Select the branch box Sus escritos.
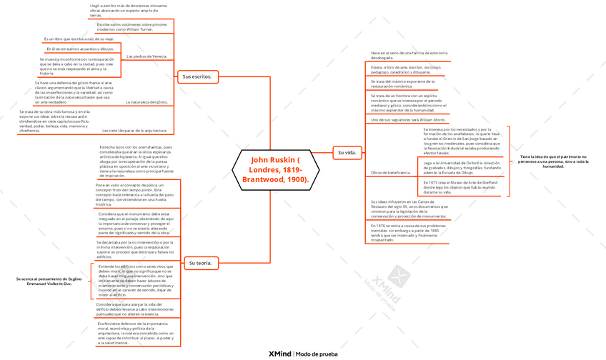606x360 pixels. pos(197,76)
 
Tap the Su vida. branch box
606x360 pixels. pos(346,152)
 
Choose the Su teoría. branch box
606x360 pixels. pos(200,263)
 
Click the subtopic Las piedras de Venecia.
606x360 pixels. pos(146,56)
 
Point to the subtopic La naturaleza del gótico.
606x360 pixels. pos(146,102)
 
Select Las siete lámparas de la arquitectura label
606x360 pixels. pos(135,131)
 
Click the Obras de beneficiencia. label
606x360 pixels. pos(390,173)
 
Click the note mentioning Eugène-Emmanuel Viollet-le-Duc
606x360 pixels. pos(49,281)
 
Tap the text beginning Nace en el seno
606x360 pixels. pos(409,55)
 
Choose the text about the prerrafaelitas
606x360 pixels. pos(135,161)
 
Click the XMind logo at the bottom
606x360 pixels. pos(279,354)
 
